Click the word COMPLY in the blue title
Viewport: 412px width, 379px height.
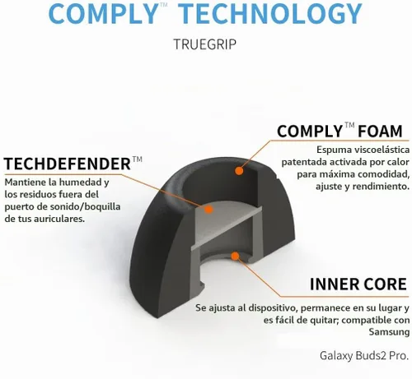[x=102, y=13]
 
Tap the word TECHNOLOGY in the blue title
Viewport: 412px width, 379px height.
[x=272, y=13]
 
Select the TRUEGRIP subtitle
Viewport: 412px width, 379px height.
[x=205, y=44]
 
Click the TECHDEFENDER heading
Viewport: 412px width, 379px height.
[x=68, y=164]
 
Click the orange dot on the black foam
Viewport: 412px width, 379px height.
[x=239, y=171]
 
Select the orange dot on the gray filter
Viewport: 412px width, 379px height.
[x=208, y=210]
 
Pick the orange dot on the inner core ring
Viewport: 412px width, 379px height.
[x=235, y=257]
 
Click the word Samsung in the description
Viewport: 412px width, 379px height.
[x=389, y=332]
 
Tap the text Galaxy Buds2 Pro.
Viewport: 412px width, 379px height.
[x=364, y=356]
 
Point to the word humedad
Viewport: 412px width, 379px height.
[x=82, y=182]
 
